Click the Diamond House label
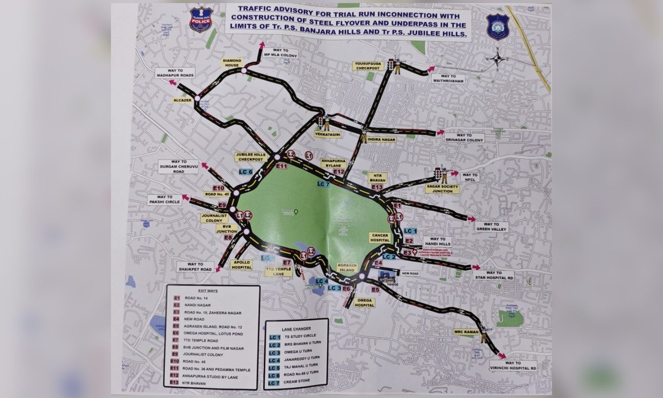point(232,63)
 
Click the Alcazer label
point(184,101)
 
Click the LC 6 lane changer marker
point(245,172)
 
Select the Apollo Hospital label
point(243,265)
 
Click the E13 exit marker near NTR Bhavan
point(377,188)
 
